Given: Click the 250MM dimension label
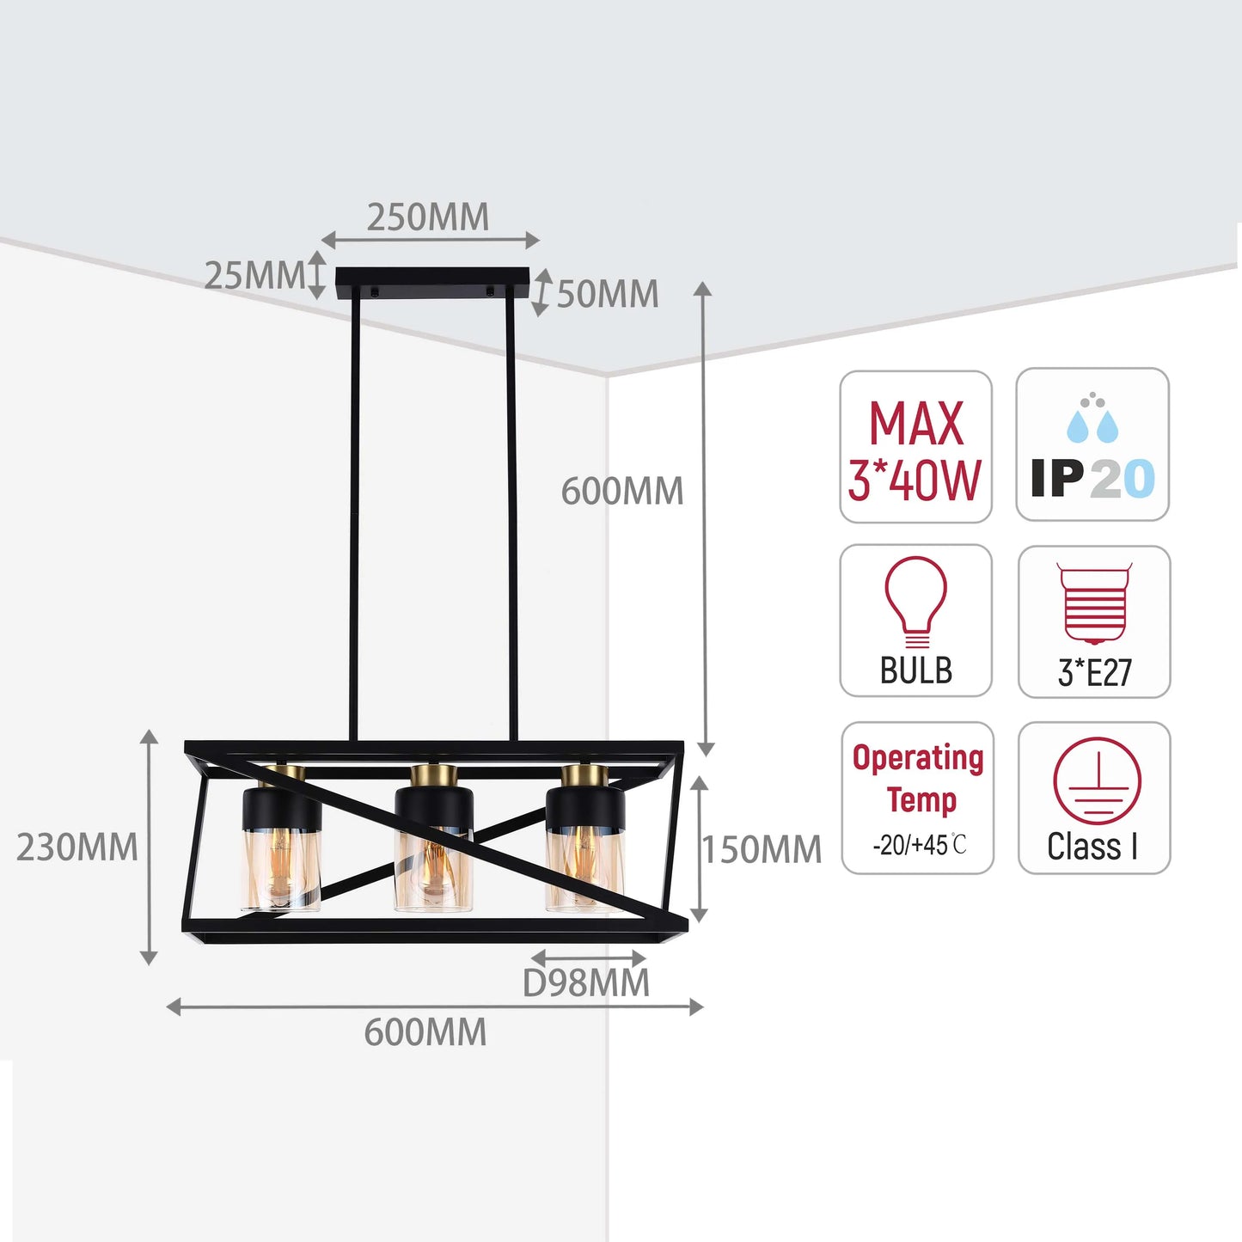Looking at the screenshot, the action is (x=428, y=217).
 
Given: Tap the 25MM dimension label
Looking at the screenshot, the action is (x=254, y=276).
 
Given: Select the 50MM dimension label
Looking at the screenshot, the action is (x=608, y=295).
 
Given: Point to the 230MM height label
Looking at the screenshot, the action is (x=76, y=847).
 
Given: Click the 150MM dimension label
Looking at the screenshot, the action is (x=762, y=849).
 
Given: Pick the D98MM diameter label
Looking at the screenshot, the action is (x=586, y=983).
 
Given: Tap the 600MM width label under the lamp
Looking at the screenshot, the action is (x=425, y=1032).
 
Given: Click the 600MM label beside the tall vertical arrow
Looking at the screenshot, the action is (x=622, y=491).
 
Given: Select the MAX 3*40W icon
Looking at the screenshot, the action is (x=915, y=447).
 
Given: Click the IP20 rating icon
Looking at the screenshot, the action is (x=1092, y=444).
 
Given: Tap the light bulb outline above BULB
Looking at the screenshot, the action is (x=916, y=602).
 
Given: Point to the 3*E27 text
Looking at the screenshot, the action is (x=1094, y=672).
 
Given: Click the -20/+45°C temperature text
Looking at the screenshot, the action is (x=920, y=844).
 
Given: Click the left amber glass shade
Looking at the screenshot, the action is (x=281, y=869).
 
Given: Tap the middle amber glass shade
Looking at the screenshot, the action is (x=433, y=869).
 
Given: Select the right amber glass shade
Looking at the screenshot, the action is (x=584, y=869).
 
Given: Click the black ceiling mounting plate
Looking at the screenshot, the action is (x=431, y=284).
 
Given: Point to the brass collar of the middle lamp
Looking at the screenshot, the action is (x=434, y=777).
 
